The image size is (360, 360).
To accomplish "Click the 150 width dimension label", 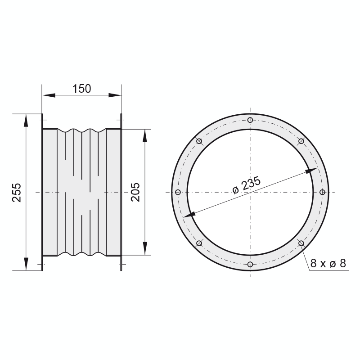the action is (x=82, y=89).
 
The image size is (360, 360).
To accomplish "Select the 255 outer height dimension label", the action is (x=17, y=193).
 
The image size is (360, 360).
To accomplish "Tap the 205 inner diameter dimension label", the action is (x=135, y=192).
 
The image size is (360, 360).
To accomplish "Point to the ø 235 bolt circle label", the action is (x=247, y=185).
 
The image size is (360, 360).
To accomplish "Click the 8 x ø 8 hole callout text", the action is (x=328, y=263).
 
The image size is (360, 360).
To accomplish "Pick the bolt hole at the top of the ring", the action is (x=250, y=120).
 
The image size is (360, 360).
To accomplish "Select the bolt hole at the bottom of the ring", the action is (x=250, y=264).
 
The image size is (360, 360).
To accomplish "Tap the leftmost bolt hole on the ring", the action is (x=178, y=192).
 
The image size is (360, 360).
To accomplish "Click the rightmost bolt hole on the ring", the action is (x=322, y=192).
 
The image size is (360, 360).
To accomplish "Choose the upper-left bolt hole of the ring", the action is (x=199, y=141).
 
